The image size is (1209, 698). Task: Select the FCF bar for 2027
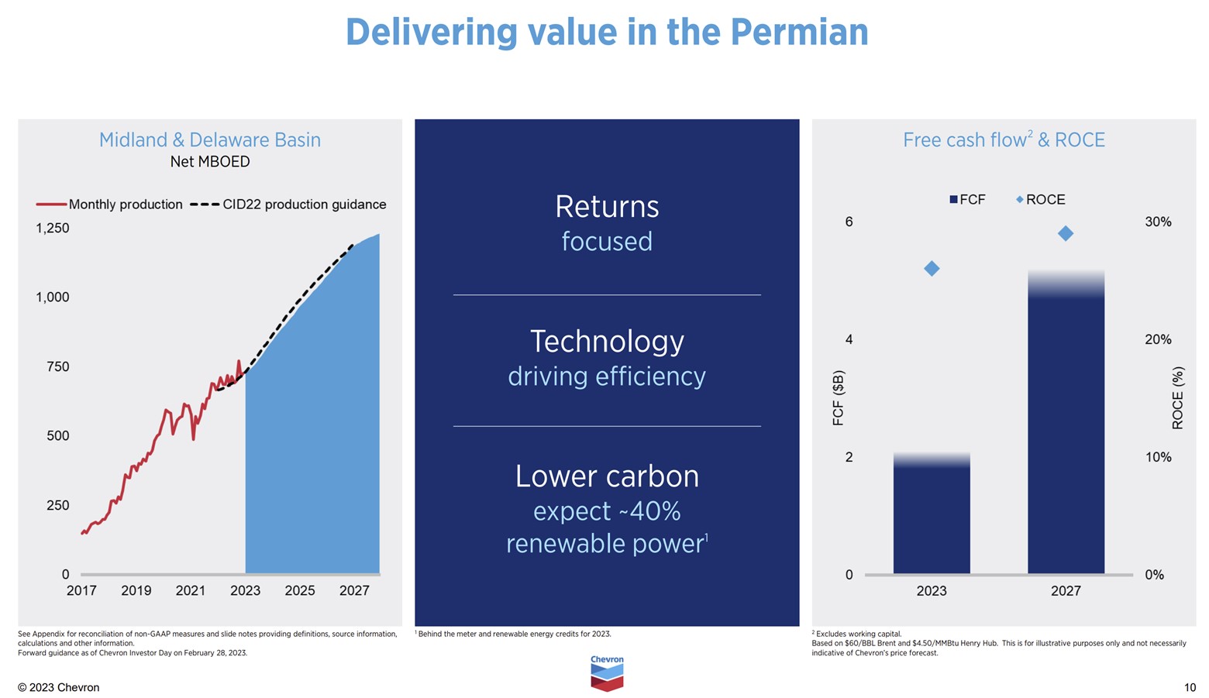tap(1066, 426)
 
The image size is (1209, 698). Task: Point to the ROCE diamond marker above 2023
tap(932, 268)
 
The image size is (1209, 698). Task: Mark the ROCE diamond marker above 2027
tap(1066, 233)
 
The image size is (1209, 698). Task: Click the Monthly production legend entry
tap(109, 205)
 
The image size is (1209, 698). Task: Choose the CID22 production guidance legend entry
tap(288, 205)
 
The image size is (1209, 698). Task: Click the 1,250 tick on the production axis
tap(53, 229)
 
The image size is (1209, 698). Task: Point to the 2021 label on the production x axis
tap(191, 590)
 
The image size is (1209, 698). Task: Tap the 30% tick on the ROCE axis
tap(1158, 222)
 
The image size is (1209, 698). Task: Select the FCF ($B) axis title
tap(838, 398)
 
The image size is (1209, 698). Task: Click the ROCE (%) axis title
tap(1177, 398)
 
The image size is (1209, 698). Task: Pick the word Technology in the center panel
tap(607, 342)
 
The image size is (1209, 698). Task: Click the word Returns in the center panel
tap(607, 207)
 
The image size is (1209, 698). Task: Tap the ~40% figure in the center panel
tap(649, 511)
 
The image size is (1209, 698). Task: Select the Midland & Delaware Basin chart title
tap(209, 140)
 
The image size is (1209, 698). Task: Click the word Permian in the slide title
tap(799, 33)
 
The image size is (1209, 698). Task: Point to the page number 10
tap(1190, 688)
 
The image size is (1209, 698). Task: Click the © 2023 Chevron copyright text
tap(59, 688)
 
